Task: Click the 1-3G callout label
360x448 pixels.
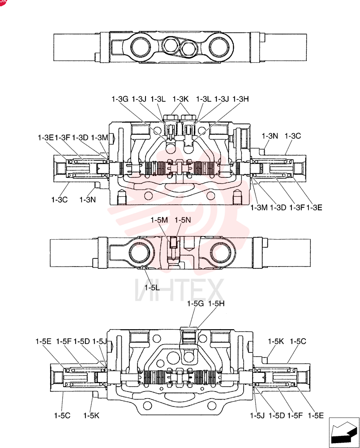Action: (x=120, y=99)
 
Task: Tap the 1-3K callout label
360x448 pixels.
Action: (x=180, y=99)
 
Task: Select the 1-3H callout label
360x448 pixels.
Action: (x=240, y=99)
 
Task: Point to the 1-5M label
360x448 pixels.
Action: (x=159, y=220)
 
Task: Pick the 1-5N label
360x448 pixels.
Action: (x=183, y=220)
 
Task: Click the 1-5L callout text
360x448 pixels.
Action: (x=152, y=288)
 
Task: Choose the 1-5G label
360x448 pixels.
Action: (x=196, y=303)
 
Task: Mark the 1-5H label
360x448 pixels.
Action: (x=216, y=303)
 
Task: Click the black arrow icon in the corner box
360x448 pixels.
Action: (x=344, y=432)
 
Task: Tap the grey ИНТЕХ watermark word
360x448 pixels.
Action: (x=179, y=290)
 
